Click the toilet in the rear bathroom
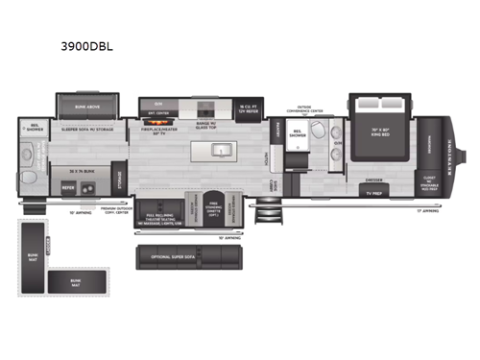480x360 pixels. coord(26,178)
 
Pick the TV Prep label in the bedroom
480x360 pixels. coord(373,191)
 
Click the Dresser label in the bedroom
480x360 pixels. coord(373,180)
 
